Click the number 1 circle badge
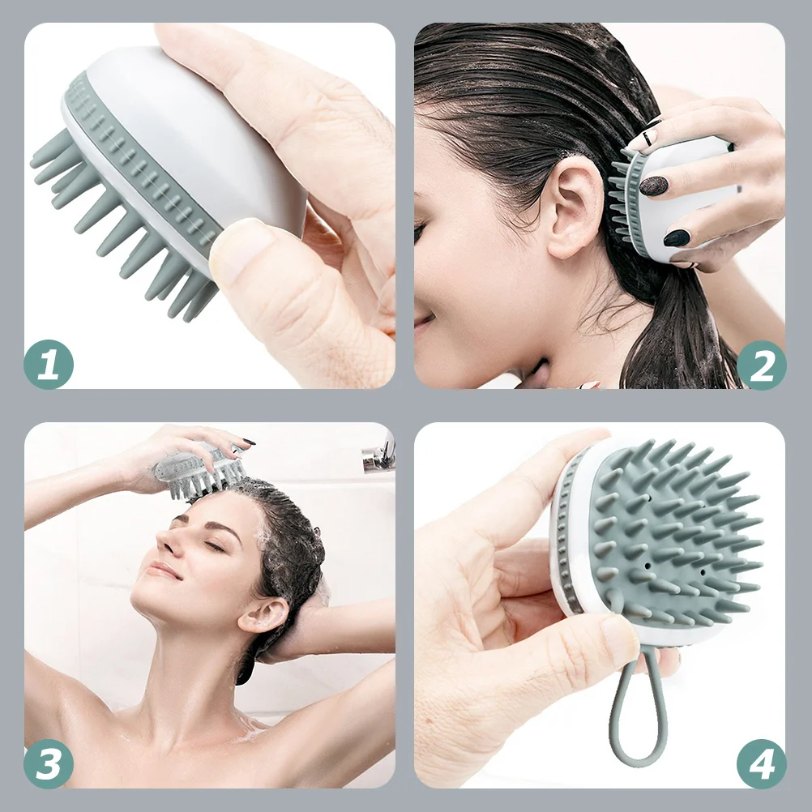49,364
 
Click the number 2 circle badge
761,365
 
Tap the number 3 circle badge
49,764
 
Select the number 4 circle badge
761,764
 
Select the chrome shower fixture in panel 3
379,455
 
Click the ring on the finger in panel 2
647,139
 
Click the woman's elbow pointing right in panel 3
381,624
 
